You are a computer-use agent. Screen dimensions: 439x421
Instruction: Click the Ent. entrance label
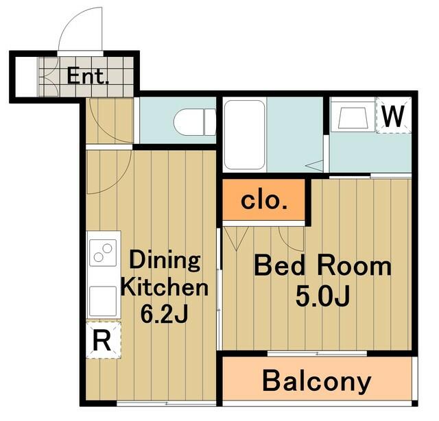88,76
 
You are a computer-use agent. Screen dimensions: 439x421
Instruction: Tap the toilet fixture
195,122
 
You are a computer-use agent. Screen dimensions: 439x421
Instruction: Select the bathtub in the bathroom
245,135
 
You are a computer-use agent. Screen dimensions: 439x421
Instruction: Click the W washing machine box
393,116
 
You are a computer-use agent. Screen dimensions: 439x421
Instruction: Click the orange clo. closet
263,200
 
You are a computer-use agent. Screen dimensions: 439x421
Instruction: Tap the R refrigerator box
103,340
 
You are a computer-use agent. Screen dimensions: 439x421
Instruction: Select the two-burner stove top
103,252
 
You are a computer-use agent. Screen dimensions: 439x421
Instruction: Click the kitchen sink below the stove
103,301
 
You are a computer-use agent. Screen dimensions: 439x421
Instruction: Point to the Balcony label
317,381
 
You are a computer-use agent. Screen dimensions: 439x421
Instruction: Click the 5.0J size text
322,297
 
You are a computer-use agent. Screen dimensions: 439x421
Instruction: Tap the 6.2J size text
164,314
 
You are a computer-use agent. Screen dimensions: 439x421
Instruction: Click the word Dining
165,261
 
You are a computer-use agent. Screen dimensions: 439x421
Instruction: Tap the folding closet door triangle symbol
237,239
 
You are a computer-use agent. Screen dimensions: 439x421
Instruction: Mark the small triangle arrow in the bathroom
314,166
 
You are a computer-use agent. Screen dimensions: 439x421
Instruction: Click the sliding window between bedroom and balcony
317,353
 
